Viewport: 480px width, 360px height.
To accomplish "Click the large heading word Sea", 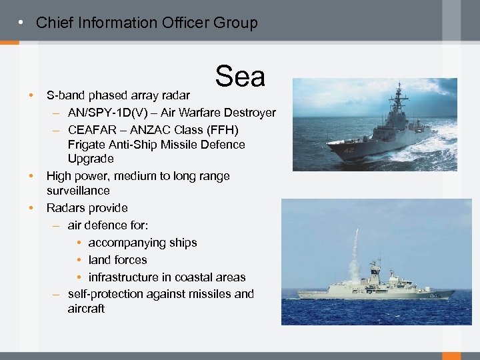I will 240,77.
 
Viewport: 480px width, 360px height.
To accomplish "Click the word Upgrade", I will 91,159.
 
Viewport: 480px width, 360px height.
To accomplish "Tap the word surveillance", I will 78,191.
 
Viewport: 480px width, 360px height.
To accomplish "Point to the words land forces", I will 117,260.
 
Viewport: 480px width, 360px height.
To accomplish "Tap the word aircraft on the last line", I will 86,309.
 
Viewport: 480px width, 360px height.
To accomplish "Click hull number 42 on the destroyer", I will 349,151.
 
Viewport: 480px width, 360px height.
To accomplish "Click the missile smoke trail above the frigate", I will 356,253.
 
